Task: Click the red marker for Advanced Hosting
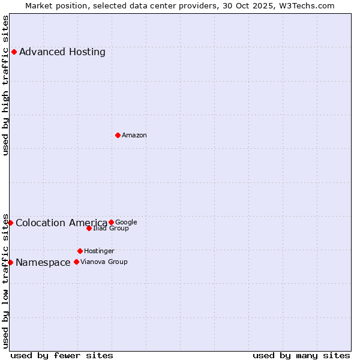tap(14, 52)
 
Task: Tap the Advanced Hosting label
tap(62, 52)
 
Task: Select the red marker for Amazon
tap(118, 135)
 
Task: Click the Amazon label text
tap(134, 136)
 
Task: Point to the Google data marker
tap(111, 222)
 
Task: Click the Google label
tap(126, 223)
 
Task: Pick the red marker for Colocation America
tap(10, 223)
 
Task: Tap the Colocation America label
tap(61, 223)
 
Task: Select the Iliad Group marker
tap(89, 228)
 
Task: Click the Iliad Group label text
tap(111, 229)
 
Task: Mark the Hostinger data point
tap(80, 251)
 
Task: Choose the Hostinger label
tap(99, 251)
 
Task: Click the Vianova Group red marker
tap(76, 262)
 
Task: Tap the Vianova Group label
tap(104, 262)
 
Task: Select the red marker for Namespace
tap(10, 262)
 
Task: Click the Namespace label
tap(43, 263)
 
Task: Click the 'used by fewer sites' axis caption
tap(62, 355)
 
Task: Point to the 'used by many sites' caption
tap(301, 355)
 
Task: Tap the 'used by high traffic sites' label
tap(5, 85)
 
